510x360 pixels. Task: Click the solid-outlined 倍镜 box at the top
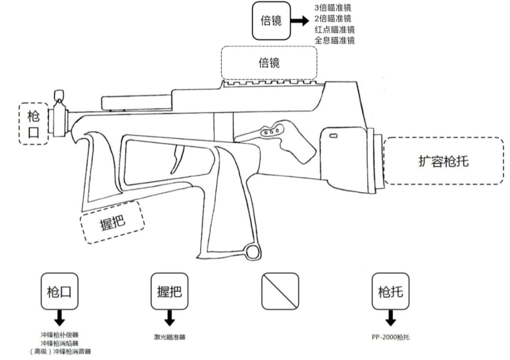coord(271,21)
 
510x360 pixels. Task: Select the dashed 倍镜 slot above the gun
coord(269,62)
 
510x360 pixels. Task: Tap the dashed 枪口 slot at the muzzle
coord(34,124)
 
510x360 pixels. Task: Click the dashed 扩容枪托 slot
coord(443,161)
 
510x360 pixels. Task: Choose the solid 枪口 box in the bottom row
coord(59,291)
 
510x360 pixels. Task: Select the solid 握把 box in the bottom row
coord(170,291)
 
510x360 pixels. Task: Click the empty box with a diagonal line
coord(280,291)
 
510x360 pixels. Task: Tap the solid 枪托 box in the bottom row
coord(391,291)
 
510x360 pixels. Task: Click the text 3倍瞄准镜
coord(333,9)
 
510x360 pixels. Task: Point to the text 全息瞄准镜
coord(334,41)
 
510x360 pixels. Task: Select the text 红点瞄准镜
coord(334,30)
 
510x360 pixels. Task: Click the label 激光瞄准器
coord(170,337)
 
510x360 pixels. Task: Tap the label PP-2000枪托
coord(390,337)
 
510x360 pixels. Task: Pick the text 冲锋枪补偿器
coord(59,335)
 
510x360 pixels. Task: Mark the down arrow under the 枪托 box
coord(391,319)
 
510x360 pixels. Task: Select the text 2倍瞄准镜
coord(333,19)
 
